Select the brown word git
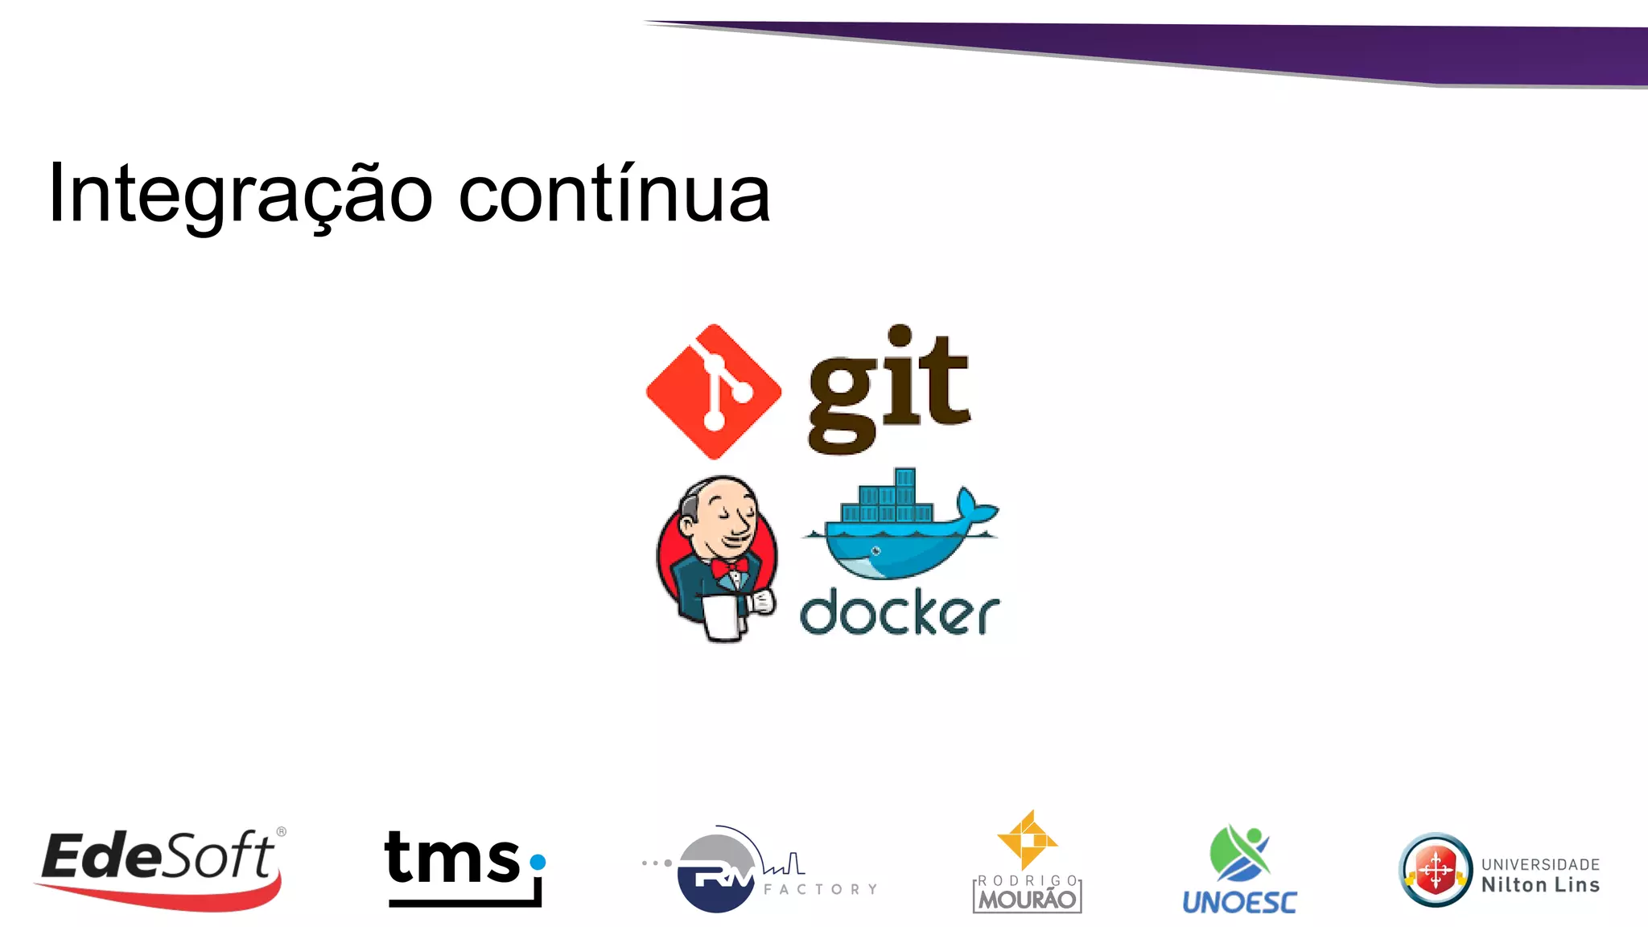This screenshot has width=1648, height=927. coord(889,390)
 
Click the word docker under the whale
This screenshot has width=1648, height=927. coord(899,614)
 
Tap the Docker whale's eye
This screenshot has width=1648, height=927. coord(875,551)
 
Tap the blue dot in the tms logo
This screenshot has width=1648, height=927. coord(538,863)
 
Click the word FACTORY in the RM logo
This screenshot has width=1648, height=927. coord(820,889)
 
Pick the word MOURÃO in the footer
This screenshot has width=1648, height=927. coord(1027,900)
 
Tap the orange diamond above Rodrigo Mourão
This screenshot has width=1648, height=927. coord(1027,841)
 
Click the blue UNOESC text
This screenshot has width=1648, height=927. coord(1239,902)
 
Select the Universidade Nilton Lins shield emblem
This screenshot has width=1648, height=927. coord(1436,870)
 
